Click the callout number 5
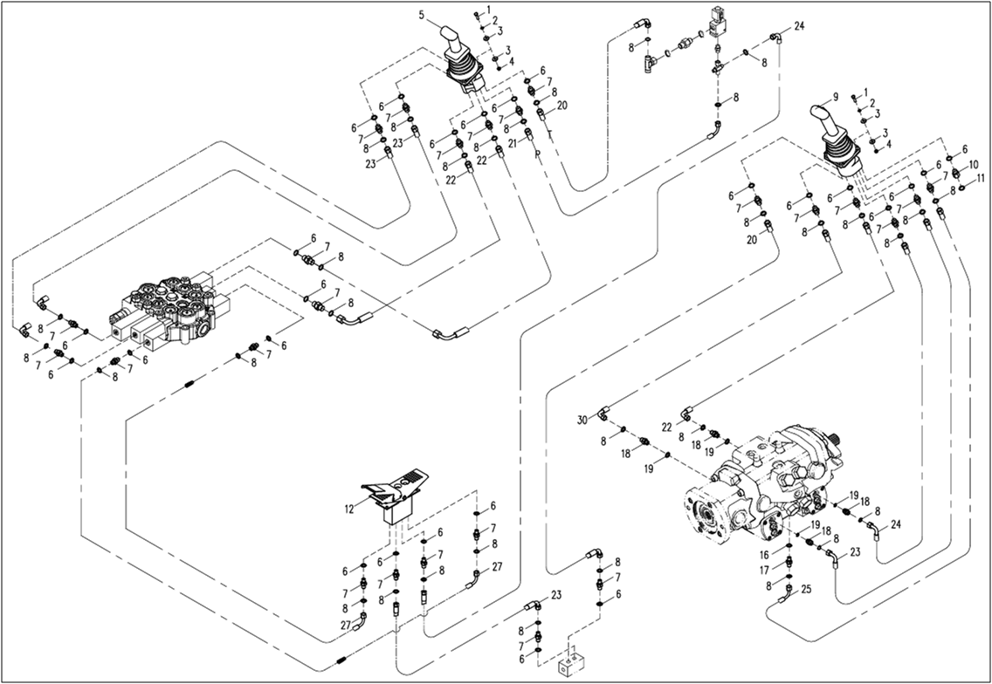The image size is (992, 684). coord(421,15)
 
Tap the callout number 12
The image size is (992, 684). coord(348,508)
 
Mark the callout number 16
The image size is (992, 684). coord(764,554)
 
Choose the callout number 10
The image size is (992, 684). coord(974,164)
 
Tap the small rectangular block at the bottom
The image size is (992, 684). coord(572,664)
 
